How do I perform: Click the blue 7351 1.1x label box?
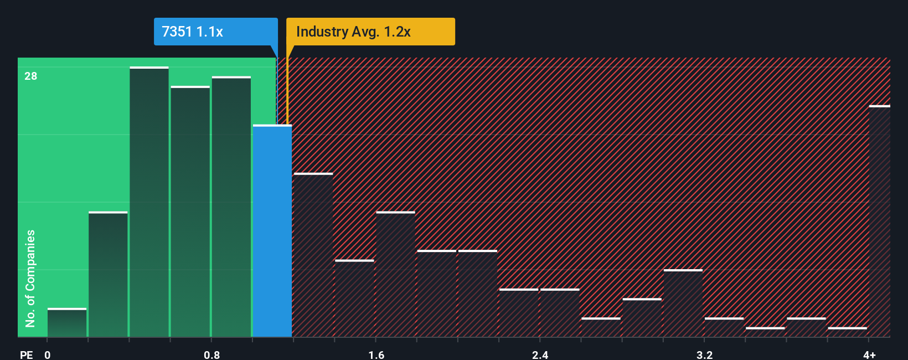click(215, 32)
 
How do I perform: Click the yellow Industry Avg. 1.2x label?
click(370, 32)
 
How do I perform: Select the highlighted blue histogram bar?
click(272, 230)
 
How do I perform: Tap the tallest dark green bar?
click(149, 202)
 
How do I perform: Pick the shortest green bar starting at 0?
click(67, 323)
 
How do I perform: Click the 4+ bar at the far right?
click(879, 222)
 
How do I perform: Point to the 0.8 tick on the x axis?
click(211, 354)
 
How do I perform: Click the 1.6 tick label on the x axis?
click(376, 354)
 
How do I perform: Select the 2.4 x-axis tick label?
click(540, 354)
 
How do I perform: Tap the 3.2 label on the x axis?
click(704, 354)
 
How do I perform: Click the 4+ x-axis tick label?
click(869, 354)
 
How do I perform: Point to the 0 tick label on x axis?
click(48, 354)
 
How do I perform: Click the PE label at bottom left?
click(26, 354)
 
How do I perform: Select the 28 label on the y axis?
click(31, 76)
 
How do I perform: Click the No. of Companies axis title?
click(30, 278)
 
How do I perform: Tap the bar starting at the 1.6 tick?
click(395, 275)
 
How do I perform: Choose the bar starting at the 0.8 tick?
click(231, 207)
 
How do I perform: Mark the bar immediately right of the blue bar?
click(313, 255)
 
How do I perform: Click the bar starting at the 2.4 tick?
click(560, 313)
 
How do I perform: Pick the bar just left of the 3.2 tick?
click(683, 304)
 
